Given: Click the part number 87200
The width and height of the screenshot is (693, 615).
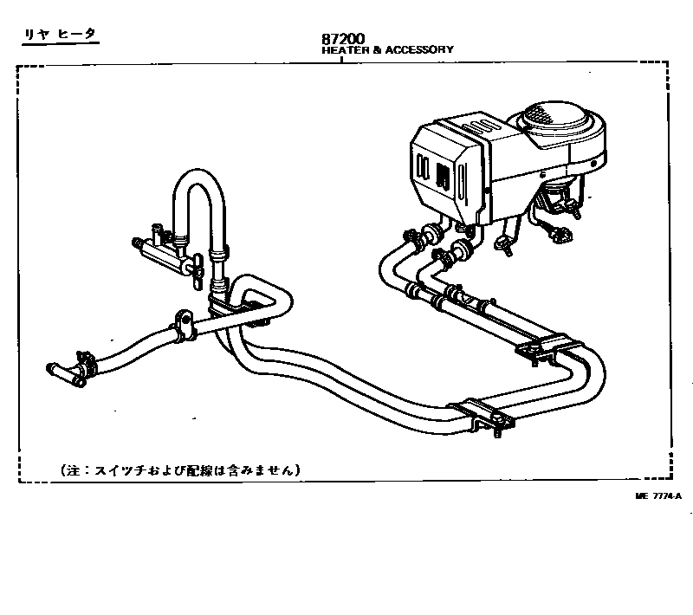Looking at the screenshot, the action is coord(343,39).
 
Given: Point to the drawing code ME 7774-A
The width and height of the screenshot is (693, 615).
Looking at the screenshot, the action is coord(657,495).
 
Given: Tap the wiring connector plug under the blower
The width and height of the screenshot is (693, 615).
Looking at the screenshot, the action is coord(560,232).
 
